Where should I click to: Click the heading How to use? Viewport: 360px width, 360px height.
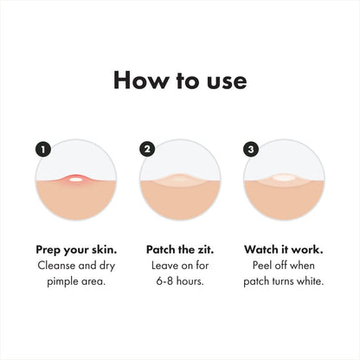[180, 81]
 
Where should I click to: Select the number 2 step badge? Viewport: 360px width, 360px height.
[147, 149]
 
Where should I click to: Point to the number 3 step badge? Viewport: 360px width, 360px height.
[251, 149]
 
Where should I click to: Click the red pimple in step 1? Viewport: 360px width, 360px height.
[76, 180]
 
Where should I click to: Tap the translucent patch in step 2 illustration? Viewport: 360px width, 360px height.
[179, 181]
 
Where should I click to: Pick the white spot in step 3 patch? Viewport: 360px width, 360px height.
[283, 179]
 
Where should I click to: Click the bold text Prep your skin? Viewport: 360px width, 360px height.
[76, 247]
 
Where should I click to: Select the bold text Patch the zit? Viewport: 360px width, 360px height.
[179, 247]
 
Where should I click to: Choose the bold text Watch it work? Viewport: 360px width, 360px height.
[283, 247]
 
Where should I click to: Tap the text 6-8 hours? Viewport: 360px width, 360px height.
[179, 282]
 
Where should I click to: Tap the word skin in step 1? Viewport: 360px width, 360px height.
[102, 247]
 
